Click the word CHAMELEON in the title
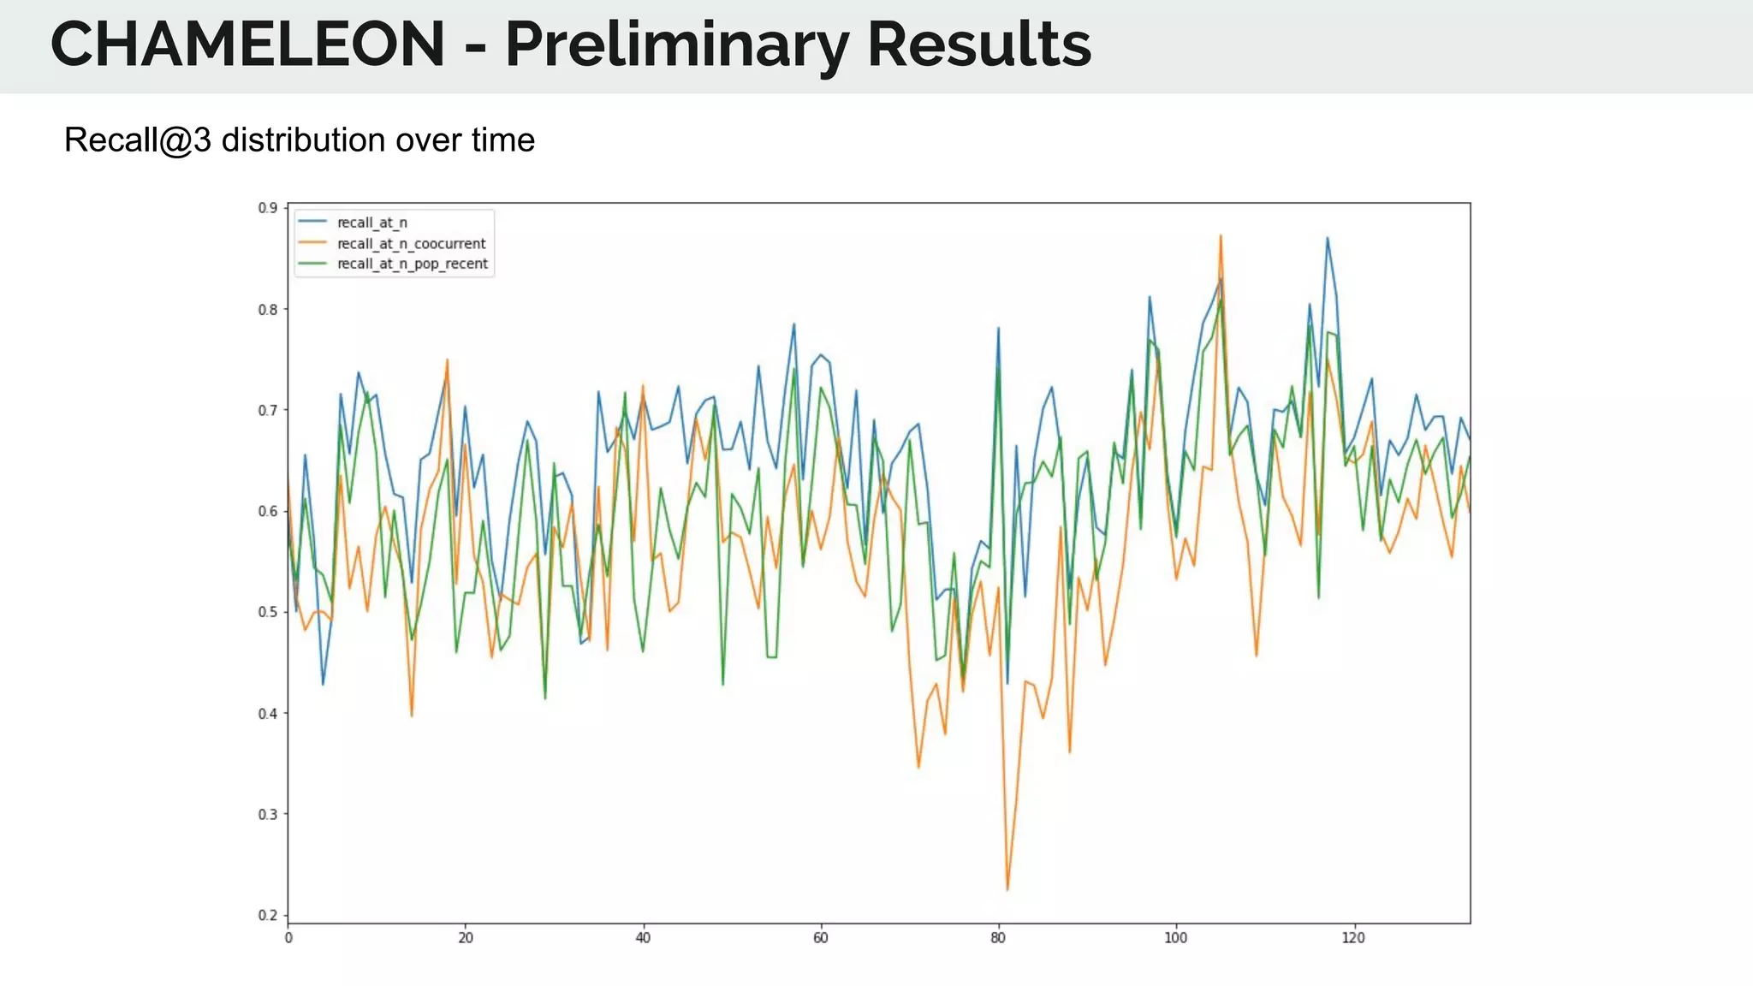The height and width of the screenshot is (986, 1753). (x=247, y=45)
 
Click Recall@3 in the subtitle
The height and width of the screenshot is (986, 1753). (x=137, y=140)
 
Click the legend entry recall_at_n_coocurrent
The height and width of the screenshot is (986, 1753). (x=411, y=243)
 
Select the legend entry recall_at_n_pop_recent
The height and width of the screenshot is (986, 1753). (x=412, y=264)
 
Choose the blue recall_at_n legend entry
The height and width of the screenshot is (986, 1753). (x=371, y=223)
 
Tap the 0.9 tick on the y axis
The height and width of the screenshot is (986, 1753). (x=268, y=208)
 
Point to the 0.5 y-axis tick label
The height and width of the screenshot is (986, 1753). (x=268, y=612)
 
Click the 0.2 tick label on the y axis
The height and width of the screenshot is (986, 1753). (x=268, y=915)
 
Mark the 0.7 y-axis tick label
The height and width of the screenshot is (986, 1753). (x=268, y=410)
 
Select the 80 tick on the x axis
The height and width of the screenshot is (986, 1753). (x=998, y=938)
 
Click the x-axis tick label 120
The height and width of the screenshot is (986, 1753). (x=1353, y=938)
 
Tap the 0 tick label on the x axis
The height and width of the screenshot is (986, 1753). (x=288, y=938)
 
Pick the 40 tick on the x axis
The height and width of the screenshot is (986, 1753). (x=643, y=938)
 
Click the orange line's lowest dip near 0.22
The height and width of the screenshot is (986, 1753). (x=1007, y=889)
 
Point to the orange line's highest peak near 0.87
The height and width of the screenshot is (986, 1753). (x=1221, y=235)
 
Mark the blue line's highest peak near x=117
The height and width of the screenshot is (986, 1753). (x=1327, y=238)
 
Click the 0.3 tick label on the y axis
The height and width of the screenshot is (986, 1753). (x=268, y=814)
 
